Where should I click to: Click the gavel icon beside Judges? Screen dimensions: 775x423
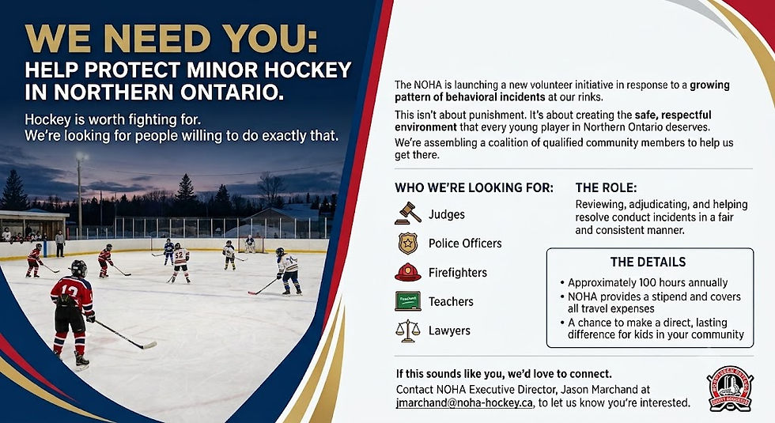tap(408, 213)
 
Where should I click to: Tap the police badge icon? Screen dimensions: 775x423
tap(408, 244)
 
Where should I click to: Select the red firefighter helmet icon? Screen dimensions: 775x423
tap(408, 272)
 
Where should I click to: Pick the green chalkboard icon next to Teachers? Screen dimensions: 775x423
tap(408, 301)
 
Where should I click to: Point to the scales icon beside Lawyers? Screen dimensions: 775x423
tap(408, 330)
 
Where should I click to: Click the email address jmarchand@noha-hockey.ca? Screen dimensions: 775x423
tap(465, 402)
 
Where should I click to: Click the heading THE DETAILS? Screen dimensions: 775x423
tap(648, 262)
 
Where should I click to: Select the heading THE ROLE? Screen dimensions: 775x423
tap(606, 188)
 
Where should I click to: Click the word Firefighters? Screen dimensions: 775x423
tap(458, 272)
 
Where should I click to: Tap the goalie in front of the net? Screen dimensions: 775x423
tap(250, 244)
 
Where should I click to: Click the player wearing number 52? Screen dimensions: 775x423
tap(180, 262)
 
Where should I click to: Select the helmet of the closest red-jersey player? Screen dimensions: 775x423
tap(78, 268)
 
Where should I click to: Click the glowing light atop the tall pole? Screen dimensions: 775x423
tap(81, 157)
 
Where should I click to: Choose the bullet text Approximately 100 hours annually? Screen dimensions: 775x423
tap(648, 283)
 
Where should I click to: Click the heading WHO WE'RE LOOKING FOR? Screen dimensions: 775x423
tap(474, 188)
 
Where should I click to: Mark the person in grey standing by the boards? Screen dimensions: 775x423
tap(60, 244)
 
